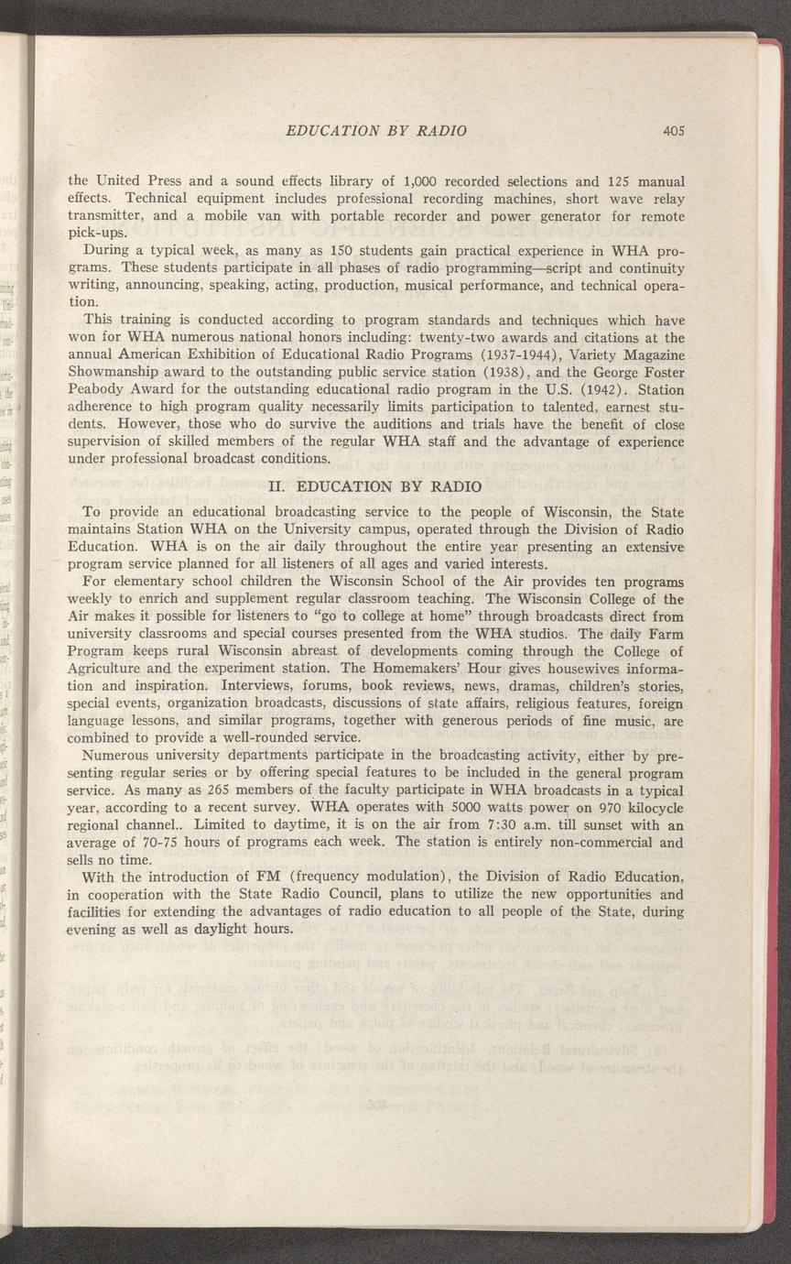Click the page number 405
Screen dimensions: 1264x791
pyautogui.click(x=676, y=130)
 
